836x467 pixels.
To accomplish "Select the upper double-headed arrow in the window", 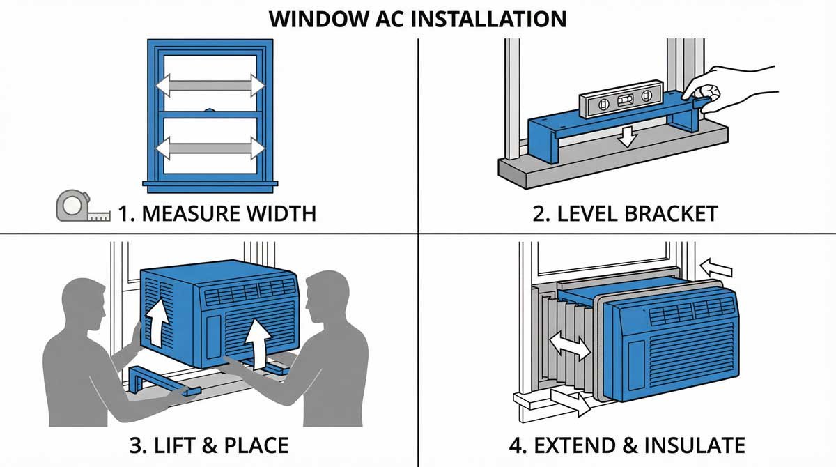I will [x=210, y=85].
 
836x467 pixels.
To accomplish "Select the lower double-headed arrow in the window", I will [x=210, y=148].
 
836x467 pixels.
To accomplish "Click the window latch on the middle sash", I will [x=210, y=110].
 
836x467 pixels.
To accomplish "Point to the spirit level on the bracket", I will [x=619, y=101].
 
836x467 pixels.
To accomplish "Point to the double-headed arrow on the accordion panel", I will [x=570, y=346].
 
